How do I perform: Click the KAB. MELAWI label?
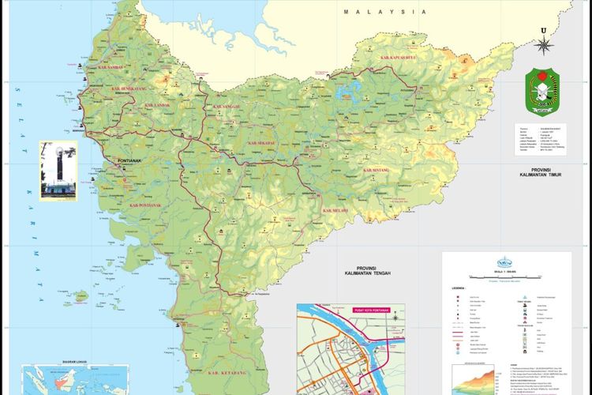tap(339, 212)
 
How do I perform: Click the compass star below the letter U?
tap(543, 46)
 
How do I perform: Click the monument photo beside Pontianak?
tap(58, 174)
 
